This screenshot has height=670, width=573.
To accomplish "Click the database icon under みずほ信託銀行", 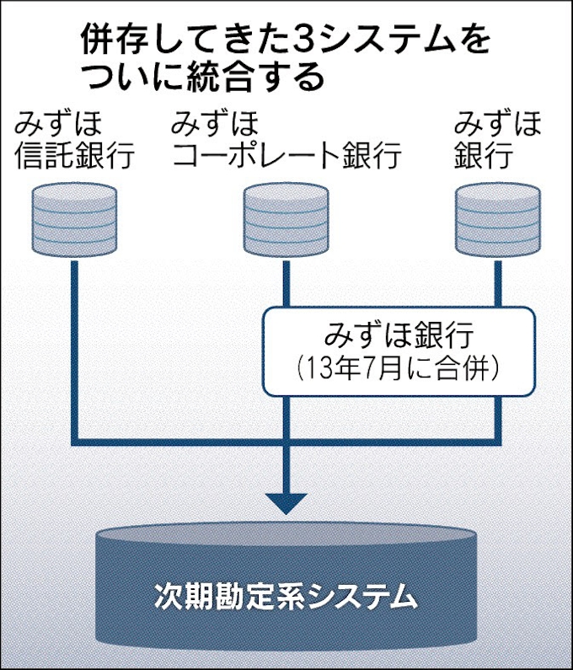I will (x=74, y=222).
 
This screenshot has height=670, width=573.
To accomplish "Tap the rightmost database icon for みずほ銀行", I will (x=498, y=222).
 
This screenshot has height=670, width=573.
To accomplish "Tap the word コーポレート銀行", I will (x=286, y=155).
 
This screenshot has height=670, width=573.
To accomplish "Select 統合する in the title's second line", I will (x=253, y=78).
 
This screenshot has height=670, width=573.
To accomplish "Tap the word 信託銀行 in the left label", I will (x=74, y=155).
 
